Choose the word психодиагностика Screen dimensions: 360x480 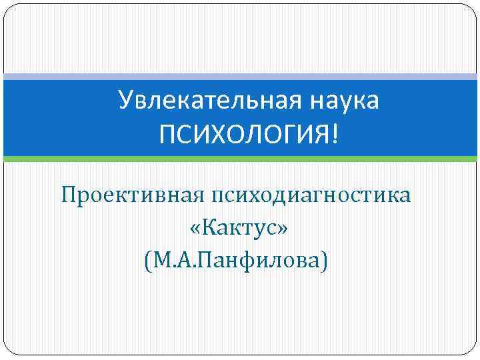click(x=312, y=197)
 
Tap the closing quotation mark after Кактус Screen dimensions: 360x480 click(x=283, y=229)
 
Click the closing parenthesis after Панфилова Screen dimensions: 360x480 click(x=324, y=259)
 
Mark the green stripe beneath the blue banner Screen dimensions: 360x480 click(x=240, y=159)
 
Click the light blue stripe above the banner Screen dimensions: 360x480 click(x=240, y=77)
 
